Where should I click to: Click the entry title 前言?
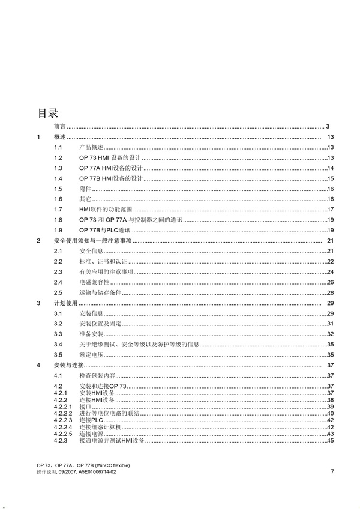tap(59, 127)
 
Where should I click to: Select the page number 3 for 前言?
tap(328, 127)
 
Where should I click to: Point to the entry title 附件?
tap(85, 189)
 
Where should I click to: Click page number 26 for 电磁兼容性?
tap(330, 282)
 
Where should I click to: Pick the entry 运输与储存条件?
tap(100, 292)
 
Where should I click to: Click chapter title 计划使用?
tap(66, 303)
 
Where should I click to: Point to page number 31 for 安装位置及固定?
tap(330, 324)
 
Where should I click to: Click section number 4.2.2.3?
tap(62, 420)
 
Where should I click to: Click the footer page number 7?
tap(332, 471)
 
